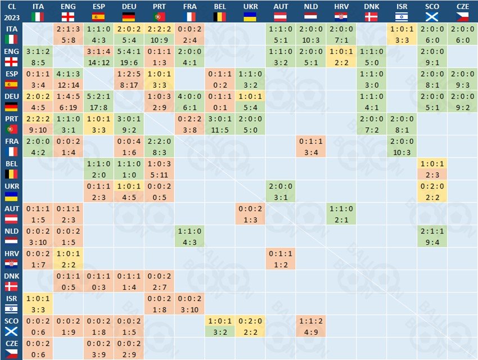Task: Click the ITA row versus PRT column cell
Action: [159, 34]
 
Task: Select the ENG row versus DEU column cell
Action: [128, 57]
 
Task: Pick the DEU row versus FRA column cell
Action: [190, 102]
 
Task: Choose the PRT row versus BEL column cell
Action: [220, 124]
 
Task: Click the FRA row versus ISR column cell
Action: [402, 147]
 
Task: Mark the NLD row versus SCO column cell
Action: [432, 237]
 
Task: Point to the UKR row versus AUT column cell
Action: [281, 192]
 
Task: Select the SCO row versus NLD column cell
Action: [311, 327]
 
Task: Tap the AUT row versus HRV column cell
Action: [341, 214]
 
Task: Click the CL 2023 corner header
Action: [11, 11]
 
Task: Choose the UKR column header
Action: [250, 11]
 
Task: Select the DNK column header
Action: [372, 11]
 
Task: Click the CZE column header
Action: [463, 11]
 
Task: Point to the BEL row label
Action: [11, 169]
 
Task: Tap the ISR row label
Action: [11, 304]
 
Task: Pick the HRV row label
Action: [11, 259]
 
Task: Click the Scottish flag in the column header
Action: [432, 17]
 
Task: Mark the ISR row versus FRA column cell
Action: [190, 304]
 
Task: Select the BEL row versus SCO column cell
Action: [432, 169]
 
